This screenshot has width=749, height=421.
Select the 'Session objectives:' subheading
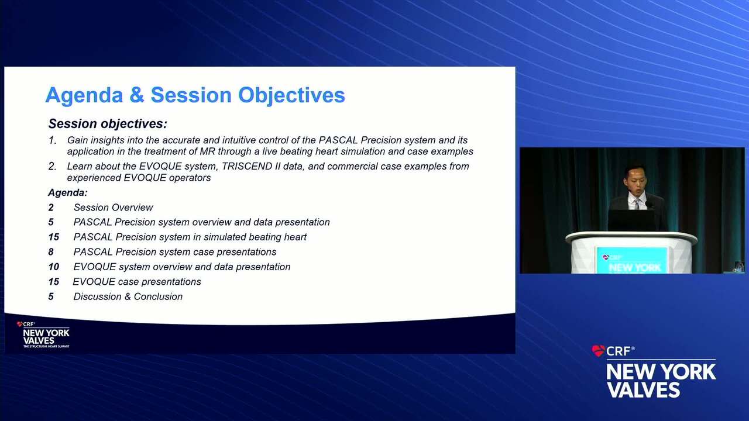pos(108,124)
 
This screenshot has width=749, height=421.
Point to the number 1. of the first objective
pos(53,140)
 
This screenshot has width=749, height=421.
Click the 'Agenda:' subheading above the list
pos(68,192)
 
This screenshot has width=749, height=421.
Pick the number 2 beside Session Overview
pos(51,208)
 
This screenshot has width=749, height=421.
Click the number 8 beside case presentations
pos(51,252)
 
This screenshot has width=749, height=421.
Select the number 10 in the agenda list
pos(53,267)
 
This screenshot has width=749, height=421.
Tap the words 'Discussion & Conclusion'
pos(128,296)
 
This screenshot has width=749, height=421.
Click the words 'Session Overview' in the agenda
pos(114,208)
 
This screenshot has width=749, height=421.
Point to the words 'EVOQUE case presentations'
pos(137,282)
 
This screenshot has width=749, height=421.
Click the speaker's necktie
pos(637,204)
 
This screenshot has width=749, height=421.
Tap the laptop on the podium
pos(632,220)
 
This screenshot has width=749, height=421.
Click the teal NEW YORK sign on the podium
pos(632,261)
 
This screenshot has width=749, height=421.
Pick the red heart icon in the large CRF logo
pos(598,351)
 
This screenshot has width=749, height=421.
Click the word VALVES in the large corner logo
pos(643,389)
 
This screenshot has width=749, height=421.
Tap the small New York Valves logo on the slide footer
pos(43,334)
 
